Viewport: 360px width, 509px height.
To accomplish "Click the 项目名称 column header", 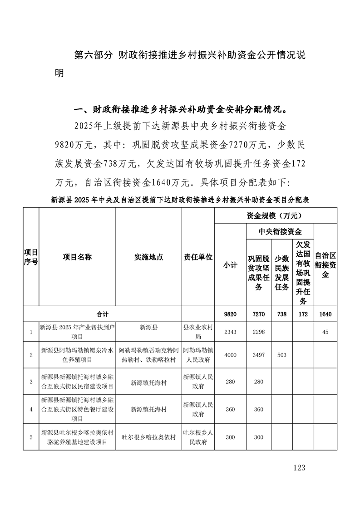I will [77, 257].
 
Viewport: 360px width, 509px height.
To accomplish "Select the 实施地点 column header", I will [148, 257].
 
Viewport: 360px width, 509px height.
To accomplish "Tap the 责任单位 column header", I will [198, 257].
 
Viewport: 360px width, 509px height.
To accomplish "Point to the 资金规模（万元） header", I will [275, 215].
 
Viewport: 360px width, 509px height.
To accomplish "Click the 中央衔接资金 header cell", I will [280, 231].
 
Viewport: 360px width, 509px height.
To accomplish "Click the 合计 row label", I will [103, 314].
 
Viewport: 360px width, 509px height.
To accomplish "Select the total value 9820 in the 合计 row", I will [230, 314].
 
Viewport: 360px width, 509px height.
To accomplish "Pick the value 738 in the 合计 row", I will [282, 314].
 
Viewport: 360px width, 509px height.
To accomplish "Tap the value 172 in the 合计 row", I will [303, 314].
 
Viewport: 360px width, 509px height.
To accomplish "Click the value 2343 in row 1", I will [230, 332].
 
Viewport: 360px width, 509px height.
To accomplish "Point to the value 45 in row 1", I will [325, 332].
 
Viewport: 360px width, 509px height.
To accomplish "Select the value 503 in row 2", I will [282, 355].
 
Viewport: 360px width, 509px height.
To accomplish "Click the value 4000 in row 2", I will [230, 355].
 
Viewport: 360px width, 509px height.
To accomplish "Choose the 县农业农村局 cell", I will [198, 332].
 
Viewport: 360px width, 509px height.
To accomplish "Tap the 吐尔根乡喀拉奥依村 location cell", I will [148, 437].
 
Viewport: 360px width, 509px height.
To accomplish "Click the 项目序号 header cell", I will [31, 257].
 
